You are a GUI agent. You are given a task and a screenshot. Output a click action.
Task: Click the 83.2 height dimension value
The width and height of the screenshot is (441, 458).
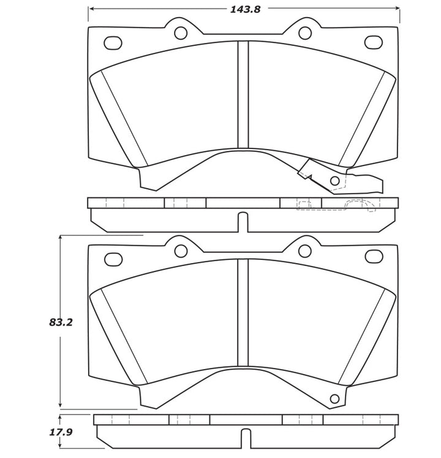61,323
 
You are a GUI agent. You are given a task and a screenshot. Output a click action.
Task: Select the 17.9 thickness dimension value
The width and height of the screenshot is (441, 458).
61,432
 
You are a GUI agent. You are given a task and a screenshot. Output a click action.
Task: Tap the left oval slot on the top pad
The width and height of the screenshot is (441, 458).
113,43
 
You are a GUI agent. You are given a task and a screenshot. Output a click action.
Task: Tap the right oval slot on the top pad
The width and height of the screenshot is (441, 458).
373,42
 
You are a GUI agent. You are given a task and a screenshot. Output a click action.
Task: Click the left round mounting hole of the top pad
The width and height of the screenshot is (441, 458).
181,33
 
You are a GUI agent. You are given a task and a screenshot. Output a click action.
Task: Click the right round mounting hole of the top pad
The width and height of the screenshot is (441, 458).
305,33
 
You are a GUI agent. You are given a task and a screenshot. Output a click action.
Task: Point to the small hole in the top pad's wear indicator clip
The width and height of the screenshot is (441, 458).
334,181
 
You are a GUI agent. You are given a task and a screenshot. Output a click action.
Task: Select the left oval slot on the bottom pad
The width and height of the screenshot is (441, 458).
113,259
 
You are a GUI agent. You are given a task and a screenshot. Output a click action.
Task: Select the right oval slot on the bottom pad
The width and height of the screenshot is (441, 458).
374,256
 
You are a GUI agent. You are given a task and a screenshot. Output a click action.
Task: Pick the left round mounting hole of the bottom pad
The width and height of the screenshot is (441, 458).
181,251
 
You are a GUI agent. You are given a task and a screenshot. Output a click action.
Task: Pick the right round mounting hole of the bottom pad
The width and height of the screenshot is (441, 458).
305,251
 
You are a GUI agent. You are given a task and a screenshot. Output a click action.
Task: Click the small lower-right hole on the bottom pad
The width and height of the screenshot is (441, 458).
334,399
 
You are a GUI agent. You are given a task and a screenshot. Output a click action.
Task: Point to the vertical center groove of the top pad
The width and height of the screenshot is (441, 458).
243,95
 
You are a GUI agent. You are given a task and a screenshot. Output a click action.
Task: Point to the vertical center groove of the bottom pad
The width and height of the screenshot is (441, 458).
243,313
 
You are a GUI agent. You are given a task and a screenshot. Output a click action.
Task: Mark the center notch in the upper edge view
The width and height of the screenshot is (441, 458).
243,222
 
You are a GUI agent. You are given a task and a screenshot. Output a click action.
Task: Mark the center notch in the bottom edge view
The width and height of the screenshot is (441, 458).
246,438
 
